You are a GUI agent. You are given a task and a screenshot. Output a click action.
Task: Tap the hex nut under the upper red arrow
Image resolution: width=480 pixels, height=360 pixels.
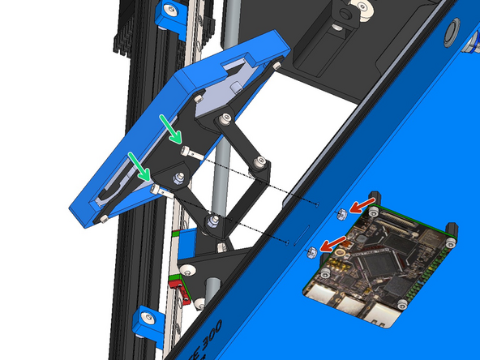tap(342, 215)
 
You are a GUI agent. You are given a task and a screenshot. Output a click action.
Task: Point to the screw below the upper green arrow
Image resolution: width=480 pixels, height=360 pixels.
tap(186, 151)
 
